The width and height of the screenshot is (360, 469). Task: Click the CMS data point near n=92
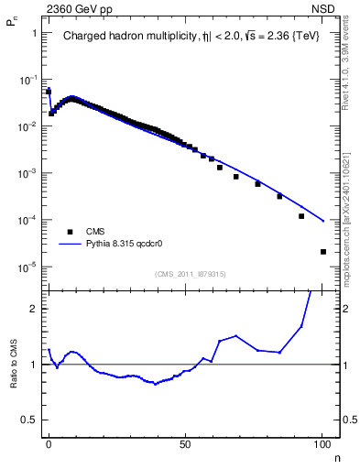pos(301,216)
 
